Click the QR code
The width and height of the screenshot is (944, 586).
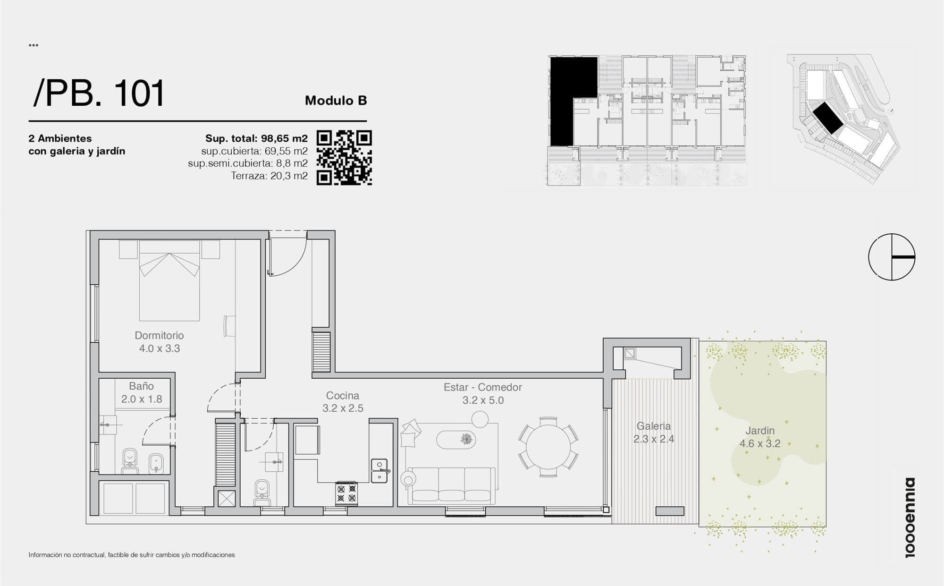coord(344,158)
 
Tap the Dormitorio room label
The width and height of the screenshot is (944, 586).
coord(159,342)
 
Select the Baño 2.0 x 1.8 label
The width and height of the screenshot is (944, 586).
coord(142,392)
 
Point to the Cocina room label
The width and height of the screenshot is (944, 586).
coord(343,402)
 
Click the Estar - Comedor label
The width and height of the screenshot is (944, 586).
coord(483,394)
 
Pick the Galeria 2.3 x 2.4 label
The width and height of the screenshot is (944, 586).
coord(654,433)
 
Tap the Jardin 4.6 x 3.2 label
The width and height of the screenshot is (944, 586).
coord(760,437)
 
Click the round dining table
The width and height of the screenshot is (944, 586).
coord(548,447)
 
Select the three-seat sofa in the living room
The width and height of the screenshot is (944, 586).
coord(452,485)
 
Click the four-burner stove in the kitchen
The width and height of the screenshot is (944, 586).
coord(346,493)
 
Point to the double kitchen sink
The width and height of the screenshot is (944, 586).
coord(379,471)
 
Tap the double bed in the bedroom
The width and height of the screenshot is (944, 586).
coord(169,280)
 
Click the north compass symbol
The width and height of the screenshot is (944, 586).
coord(892,257)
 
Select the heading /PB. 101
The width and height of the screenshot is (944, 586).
coord(99,93)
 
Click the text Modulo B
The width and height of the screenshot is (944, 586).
coord(336,101)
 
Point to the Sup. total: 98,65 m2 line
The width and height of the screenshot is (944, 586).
coord(256,138)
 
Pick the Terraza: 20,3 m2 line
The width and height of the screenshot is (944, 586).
coord(269,176)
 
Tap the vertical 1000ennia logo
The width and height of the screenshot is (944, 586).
coord(910,518)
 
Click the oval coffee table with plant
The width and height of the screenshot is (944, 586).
coord(456,440)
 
